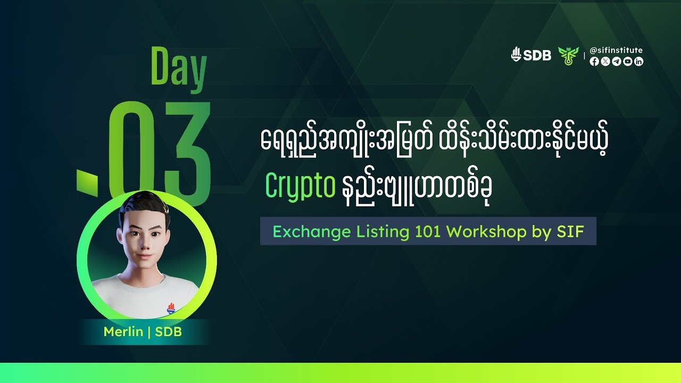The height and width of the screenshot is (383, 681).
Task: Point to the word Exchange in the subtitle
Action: pos(304,232)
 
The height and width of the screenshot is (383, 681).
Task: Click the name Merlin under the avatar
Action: pos(123,332)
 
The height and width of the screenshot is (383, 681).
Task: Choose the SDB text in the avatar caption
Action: pos(168,332)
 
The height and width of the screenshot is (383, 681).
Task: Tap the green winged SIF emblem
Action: pos(567,55)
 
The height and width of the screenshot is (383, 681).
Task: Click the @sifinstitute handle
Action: pos(616,50)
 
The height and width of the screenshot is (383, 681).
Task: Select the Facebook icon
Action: pos(594,62)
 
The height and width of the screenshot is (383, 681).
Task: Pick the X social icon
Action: pos(605,62)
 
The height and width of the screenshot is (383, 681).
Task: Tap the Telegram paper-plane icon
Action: pos(616,62)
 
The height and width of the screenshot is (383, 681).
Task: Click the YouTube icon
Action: pos(628,62)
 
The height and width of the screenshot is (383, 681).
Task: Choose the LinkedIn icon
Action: pos(639,62)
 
